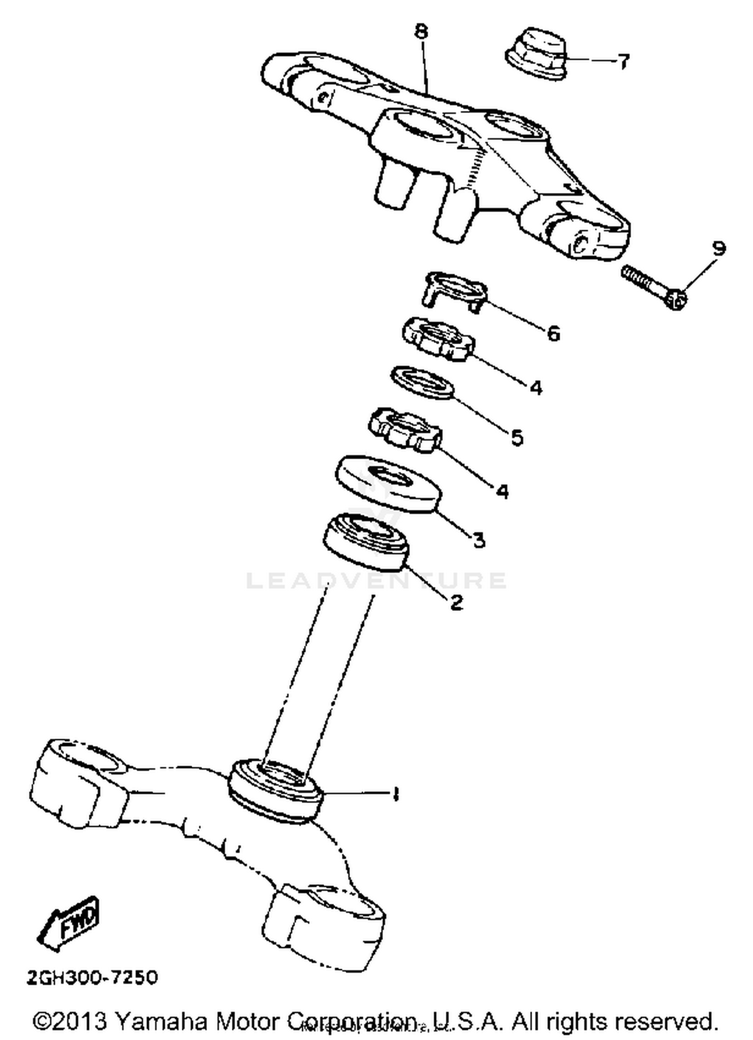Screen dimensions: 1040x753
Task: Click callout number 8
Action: point(421,32)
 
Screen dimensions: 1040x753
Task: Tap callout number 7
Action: point(622,61)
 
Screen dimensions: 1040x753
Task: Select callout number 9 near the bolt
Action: point(718,248)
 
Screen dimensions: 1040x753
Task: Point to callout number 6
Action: point(553,333)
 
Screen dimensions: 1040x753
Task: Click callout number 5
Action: point(517,437)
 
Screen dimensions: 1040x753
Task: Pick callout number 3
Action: point(479,540)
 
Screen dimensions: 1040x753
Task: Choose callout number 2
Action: point(456,601)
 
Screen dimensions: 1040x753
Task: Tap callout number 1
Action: point(396,794)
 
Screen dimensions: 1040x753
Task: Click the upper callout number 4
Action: point(536,387)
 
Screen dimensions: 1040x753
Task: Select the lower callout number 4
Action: point(502,490)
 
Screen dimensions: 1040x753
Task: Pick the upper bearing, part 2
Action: point(366,543)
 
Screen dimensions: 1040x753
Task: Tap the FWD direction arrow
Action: point(70,923)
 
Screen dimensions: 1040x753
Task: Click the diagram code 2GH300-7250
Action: point(92,978)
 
